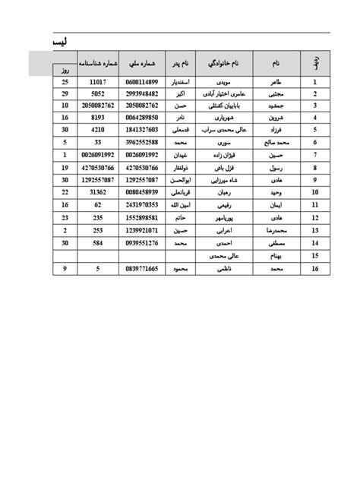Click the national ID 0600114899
[x=142, y=82]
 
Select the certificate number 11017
[x=98, y=82]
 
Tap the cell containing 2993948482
[x=142, y=93]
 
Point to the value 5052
[x=98, y=93]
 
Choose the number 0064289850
[x=142, y=118]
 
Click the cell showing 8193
[x=98, y=118]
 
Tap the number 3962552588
[x=142, y=141]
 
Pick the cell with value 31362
[x=98, y=193]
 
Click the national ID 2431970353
[x=142, y=204]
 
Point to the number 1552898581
[x=142, y=216]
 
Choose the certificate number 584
[x=98, y=242]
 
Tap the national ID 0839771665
[x=142, y=268]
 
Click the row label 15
[x=313, y=256]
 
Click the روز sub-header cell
[x=64, y=71]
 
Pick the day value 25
[x=64, y=82]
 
